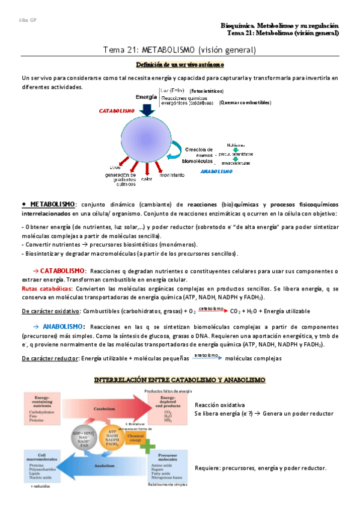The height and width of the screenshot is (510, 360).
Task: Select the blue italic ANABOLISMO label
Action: coord(216,171)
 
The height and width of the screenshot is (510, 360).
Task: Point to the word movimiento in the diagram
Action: coord(172,174)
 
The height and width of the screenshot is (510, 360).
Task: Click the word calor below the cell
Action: coord(147,179)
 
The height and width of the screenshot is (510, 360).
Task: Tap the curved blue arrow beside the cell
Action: coord(175,148)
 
